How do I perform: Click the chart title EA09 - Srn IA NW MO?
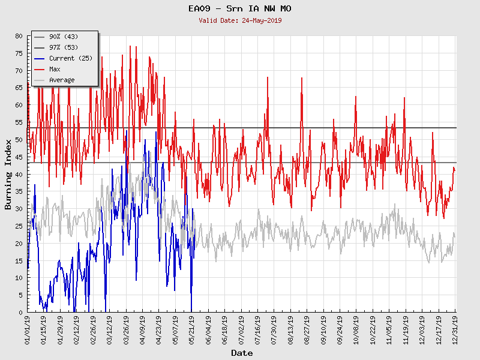[x=240, y=9]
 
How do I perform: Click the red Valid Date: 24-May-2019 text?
[x=240, y=20]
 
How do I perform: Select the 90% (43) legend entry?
[x=62, y=37]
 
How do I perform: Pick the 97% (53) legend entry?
[x=62, y=47]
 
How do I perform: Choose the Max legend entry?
[x=55, y=69]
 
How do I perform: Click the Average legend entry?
[x=62, y=80]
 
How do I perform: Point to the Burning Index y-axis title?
[x=8, y=174]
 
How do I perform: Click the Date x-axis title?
[x=242, y=353]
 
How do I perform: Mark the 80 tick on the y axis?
[x=19, y=36]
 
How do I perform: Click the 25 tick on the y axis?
[x=19, y=226]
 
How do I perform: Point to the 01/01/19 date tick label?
[x=28, y=329]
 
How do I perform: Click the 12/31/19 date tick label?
[x=455, y=329]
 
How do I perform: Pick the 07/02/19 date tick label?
[x=241, y=329]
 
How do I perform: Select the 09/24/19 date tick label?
[x=340, y=329]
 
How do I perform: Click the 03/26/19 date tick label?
[x=126, y=329]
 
